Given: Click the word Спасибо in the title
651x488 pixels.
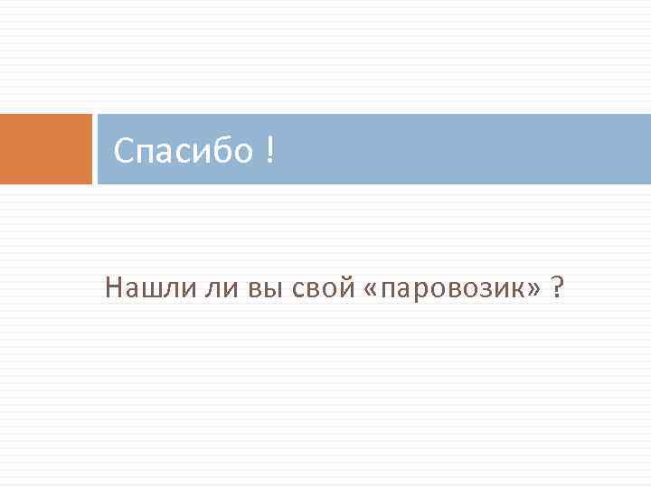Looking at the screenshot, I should [184, 151].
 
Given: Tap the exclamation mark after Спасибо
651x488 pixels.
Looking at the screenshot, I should [270, 151].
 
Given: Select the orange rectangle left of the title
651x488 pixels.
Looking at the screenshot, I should [45, 149].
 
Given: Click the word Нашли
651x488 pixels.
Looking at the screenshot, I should [143, 288].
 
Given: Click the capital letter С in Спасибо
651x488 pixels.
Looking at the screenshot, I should [125, 151].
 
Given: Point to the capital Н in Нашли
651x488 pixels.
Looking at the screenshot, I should [113, 288].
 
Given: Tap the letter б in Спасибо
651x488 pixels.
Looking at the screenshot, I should [223, 151].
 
